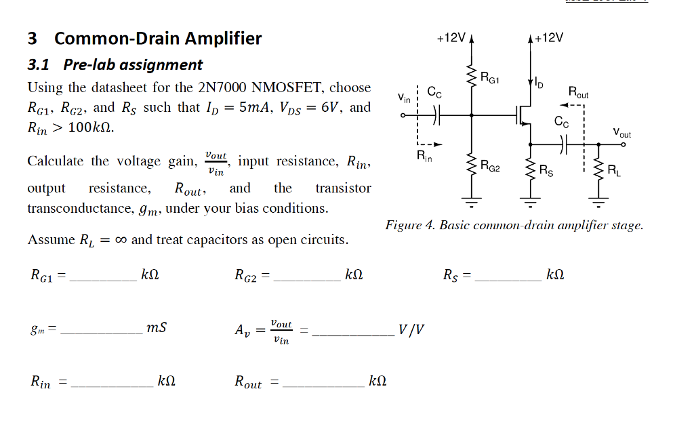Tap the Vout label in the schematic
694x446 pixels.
pyautogui.click(x=621, y=134)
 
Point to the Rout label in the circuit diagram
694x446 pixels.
pyautogui.click(x=578, y=92)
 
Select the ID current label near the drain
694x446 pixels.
pyautogui.click(x=539, y=83)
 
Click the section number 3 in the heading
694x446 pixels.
pyautogui.click(x=33, y=39)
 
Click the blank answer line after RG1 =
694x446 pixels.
pyautogui.click(x=103, y=279)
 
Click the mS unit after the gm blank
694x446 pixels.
pyautogui.click(x=157, y=328)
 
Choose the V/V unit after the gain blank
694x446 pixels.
pyautogui.click(x=412, y=330)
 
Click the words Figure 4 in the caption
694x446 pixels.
pyautogui.click(x=409, y=225)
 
